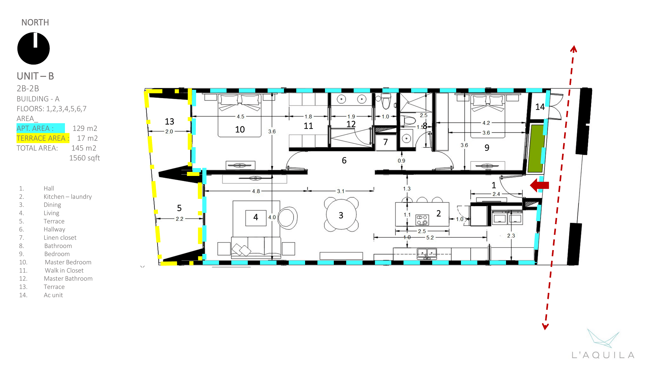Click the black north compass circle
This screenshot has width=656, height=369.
point(33,49)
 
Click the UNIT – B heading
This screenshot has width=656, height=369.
point(35,76)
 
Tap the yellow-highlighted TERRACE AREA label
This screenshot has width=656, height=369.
point(43,138)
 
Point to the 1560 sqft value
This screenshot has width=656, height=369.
point(84,158)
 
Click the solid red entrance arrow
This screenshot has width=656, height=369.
point(539,185)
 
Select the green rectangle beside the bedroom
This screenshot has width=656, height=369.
point(536,148)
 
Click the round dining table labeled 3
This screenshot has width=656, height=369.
point(341,215)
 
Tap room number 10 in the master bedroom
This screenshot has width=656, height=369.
point(240,129)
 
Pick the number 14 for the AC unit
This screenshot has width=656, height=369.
point(540,107)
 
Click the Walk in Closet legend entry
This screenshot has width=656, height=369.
point(64,270)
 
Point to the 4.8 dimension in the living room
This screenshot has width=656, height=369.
point(256,191)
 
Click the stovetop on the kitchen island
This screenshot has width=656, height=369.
point(422,220)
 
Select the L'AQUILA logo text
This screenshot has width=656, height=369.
point(603,355)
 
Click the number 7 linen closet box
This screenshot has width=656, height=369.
point(385,142)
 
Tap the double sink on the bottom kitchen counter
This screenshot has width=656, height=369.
point(427,253)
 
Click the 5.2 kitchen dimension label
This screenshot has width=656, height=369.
point(430,237)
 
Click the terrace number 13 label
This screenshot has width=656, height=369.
point(169,121)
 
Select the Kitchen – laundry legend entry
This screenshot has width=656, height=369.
point(68,196)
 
